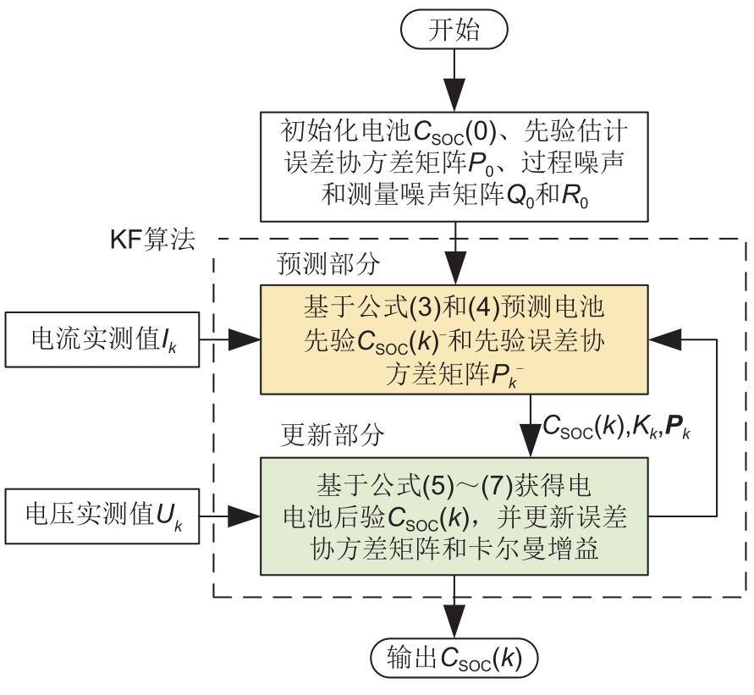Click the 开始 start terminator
click(454, 32)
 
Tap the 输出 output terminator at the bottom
click(454, 657)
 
